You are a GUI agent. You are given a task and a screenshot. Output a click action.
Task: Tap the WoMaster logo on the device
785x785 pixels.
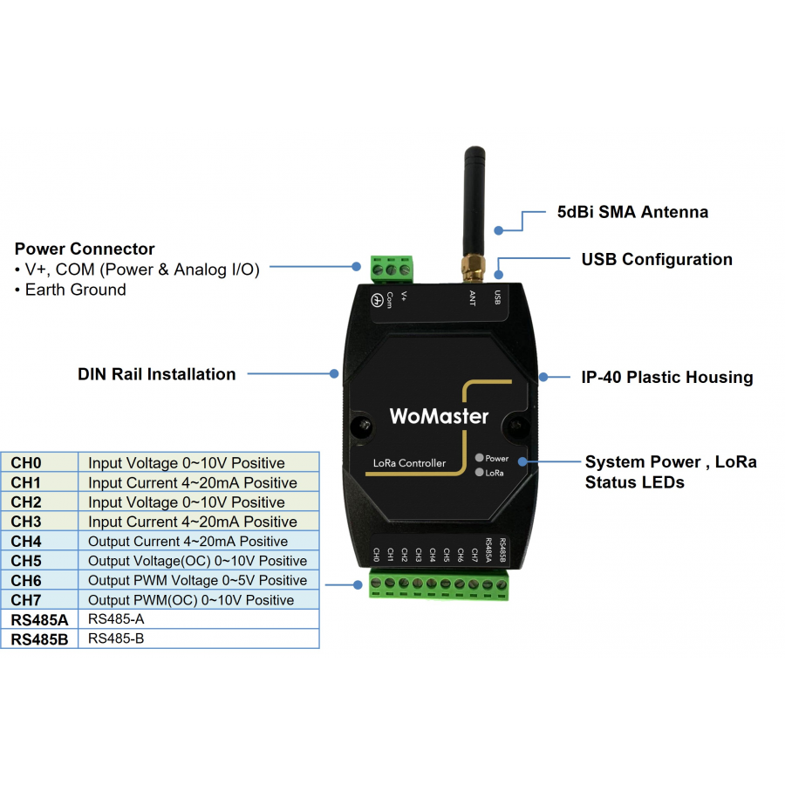[x=438, y=416]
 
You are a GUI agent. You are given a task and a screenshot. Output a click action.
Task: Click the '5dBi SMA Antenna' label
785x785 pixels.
[x=632, y=212]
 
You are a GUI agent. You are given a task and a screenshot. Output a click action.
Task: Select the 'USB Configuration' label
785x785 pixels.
[x=657, y=259]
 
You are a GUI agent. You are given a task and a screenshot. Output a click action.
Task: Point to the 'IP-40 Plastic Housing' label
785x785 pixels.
[x=667, y=378]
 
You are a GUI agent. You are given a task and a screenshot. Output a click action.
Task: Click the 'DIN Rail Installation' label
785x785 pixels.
[x=157, y=374]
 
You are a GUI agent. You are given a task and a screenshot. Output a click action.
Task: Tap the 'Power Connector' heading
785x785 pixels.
[x=85, y=249]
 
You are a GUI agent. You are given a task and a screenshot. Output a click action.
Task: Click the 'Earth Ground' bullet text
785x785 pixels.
[x=75, y=290]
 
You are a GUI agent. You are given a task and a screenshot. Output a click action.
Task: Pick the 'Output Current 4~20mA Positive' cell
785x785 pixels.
[x=188, y=542]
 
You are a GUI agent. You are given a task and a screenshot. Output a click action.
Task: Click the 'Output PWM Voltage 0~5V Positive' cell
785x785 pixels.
[x=197, y=580]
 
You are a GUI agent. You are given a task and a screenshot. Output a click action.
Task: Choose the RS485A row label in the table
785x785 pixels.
[x=38, y=620]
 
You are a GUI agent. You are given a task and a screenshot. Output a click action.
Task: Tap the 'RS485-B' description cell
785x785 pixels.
[x=116, y=639]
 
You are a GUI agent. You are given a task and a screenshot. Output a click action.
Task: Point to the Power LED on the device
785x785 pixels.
[x=479, y=458]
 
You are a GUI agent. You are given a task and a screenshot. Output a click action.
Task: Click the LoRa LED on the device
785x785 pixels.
[x=479, y=473]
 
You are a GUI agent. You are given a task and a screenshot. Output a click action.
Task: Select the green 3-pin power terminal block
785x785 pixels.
[x=391, y=270]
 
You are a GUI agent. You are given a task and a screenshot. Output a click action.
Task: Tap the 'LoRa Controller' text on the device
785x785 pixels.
[x=409, y=463]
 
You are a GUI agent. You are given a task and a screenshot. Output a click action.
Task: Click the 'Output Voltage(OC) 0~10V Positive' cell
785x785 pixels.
[x=197, y=561]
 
